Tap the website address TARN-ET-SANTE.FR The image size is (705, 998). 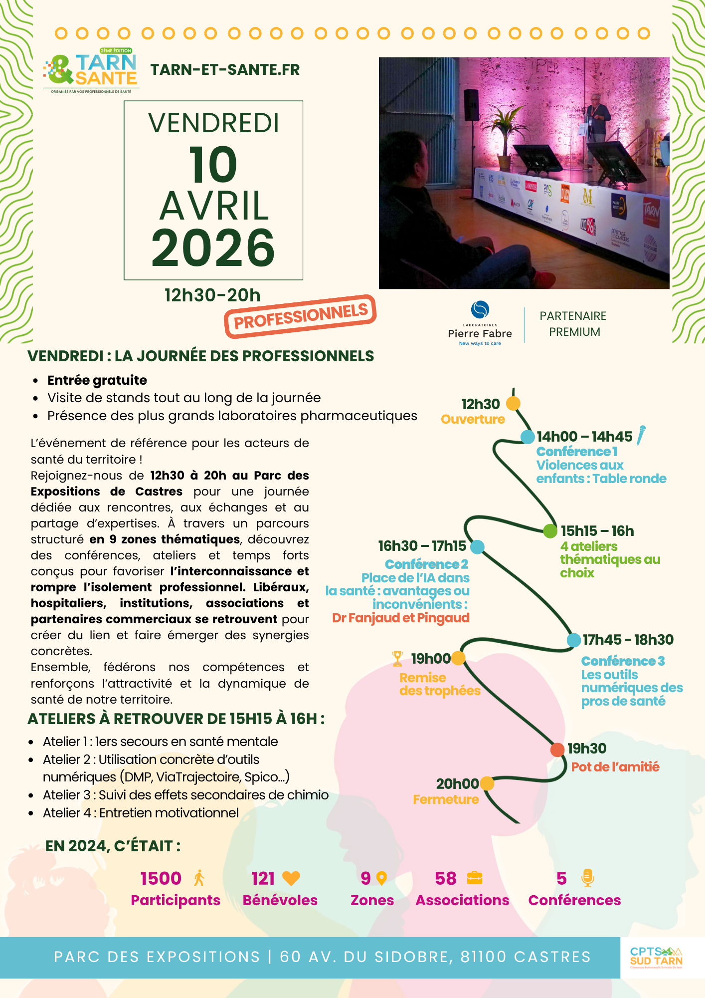[225, 70]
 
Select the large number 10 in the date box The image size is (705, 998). [213, 164]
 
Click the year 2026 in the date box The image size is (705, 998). [213, 248]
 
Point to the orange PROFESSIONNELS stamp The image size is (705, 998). [300, 316]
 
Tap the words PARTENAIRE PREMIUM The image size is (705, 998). [573, 324]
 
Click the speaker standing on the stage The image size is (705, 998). [596, 125]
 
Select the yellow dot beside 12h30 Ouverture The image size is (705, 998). [513, 403]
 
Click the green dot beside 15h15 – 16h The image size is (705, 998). [550, 531]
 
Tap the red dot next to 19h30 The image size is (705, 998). [557, 749]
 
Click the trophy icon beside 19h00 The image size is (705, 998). [397, 658]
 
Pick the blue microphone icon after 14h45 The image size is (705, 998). [641, 435]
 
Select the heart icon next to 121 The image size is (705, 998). [291, 878]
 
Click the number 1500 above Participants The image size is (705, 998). [161, 878]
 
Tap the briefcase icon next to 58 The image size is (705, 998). [475, 878]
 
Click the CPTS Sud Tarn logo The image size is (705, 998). [656, 957]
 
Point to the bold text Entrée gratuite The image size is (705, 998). [97, 380]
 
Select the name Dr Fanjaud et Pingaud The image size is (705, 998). [401, 618]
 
